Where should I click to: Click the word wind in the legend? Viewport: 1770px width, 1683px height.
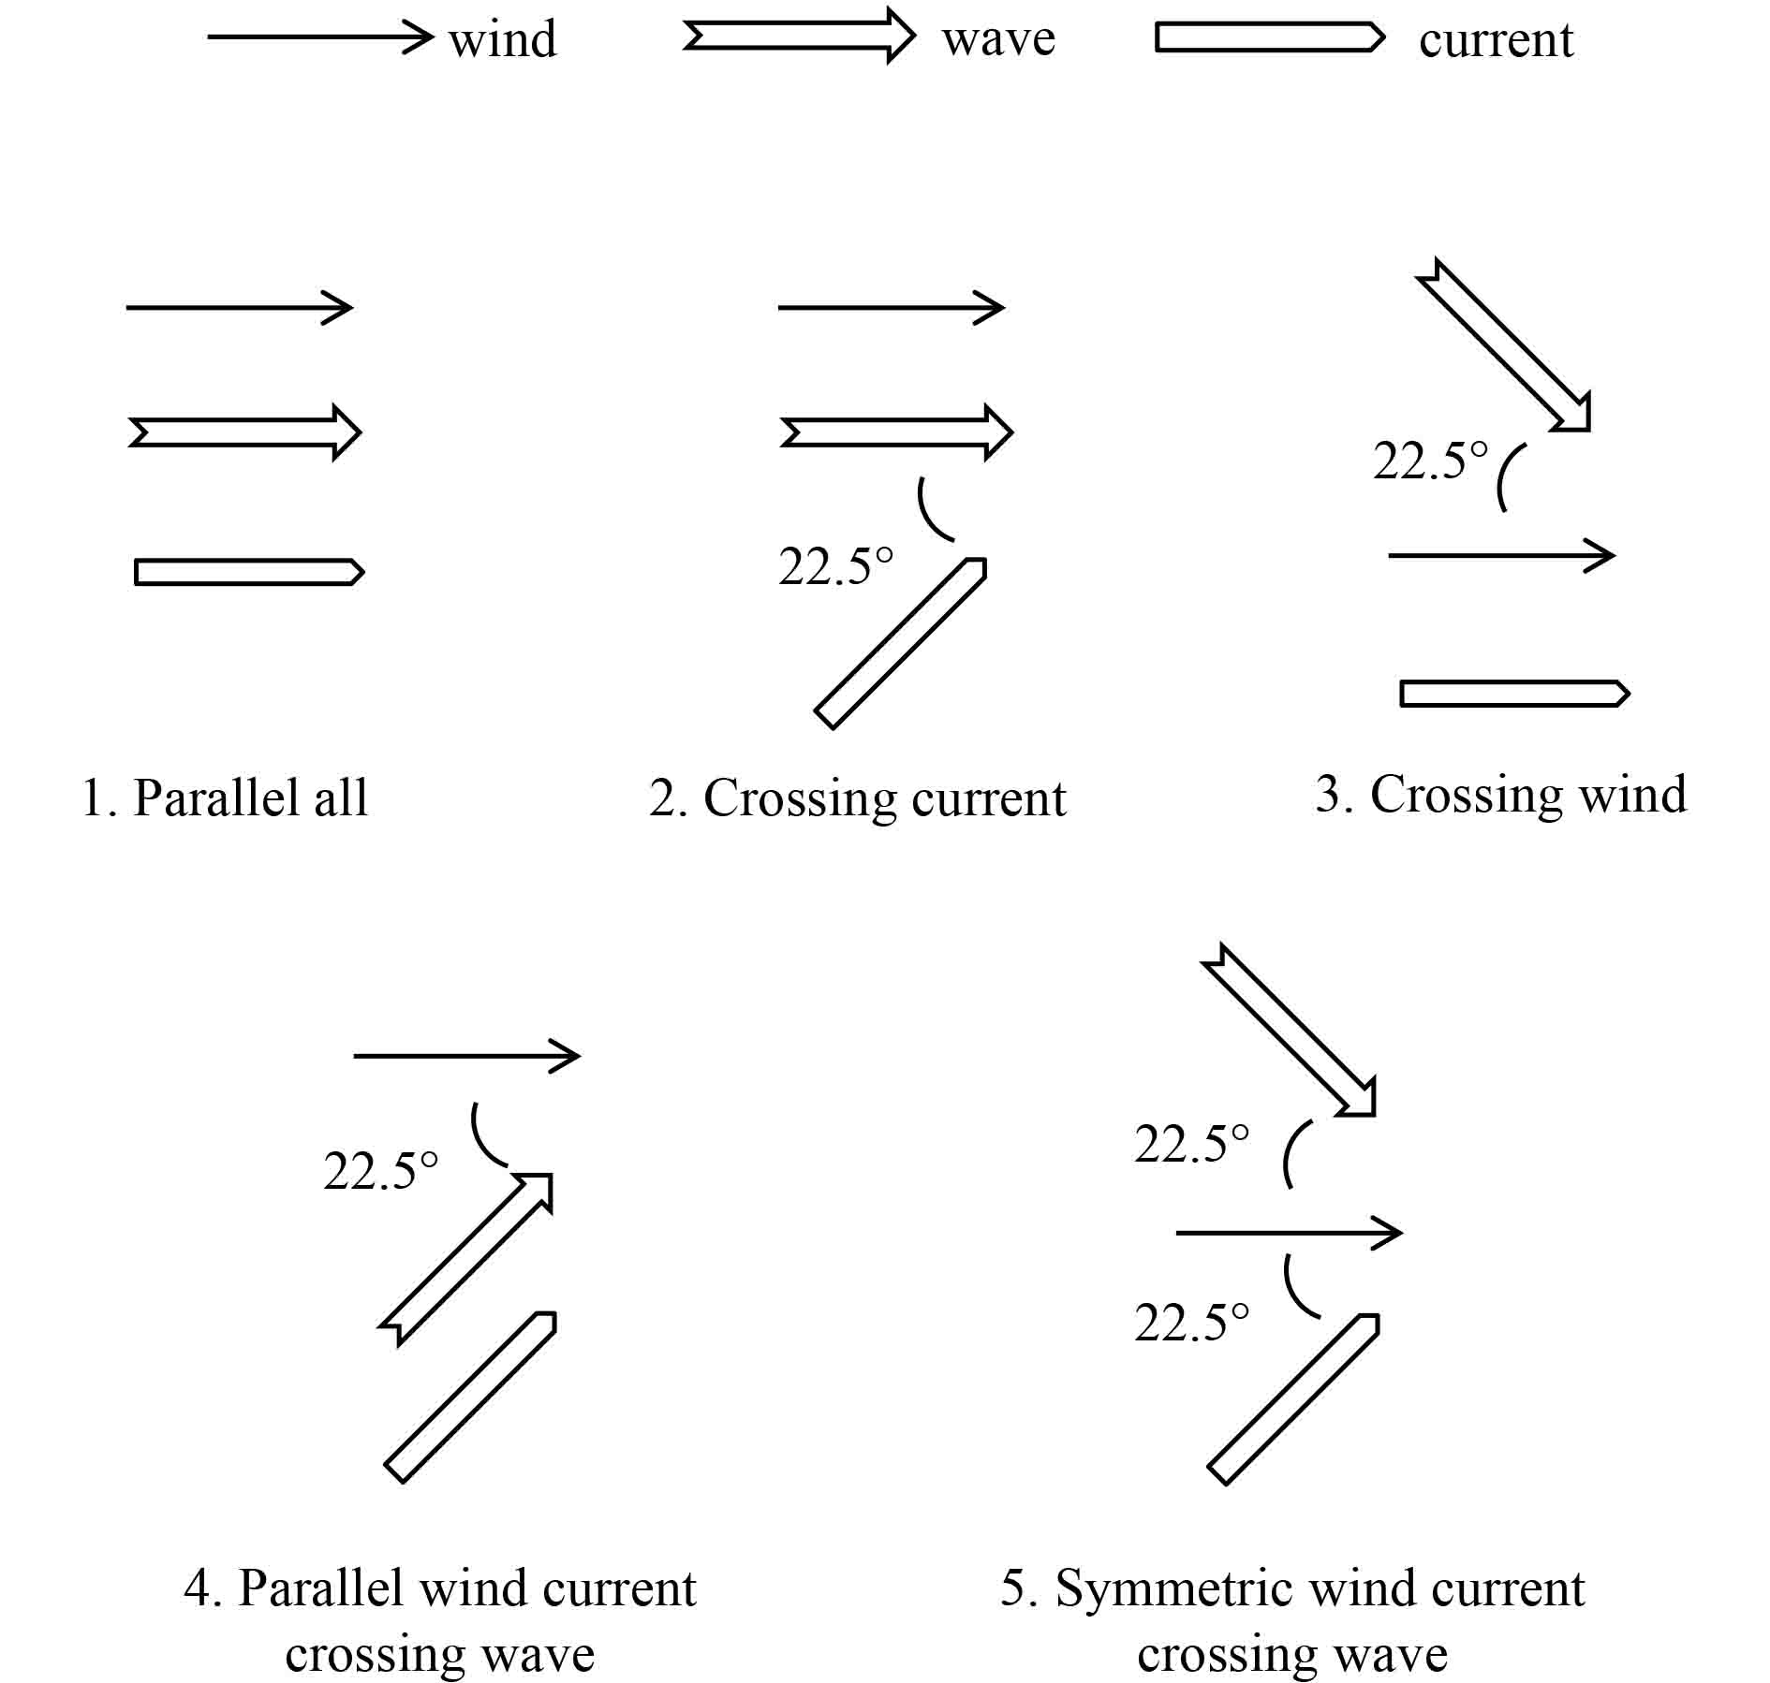click(502, 40)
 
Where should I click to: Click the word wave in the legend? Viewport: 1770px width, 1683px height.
click(998, 39)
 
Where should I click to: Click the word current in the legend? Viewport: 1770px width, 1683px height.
click(1496, 40)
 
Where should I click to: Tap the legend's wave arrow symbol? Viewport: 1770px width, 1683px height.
click(799, 37)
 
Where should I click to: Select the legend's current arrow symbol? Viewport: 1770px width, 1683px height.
click(1269, 37)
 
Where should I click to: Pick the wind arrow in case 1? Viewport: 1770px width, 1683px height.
click(240, 307)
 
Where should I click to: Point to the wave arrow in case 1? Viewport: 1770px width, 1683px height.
click(244, 432)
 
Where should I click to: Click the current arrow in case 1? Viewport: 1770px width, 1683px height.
click(248, 572)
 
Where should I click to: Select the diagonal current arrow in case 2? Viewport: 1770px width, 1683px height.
click(900, 644)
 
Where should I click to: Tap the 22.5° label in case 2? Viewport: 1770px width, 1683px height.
click(835, 567)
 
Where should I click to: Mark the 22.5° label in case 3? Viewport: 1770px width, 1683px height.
click(1430, 461)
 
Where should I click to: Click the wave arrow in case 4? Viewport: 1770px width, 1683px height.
click(466, 1258)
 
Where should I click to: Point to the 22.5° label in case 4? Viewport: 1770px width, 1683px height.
click(380, 1171)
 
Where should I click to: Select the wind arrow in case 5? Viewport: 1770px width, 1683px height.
click(1289, 1233)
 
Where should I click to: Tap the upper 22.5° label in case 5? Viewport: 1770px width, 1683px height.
click(1191, 1145)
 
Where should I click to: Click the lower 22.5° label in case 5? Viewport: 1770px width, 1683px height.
click(1191, 1323)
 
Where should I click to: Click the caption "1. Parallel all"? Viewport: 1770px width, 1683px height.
click(225, 798)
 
